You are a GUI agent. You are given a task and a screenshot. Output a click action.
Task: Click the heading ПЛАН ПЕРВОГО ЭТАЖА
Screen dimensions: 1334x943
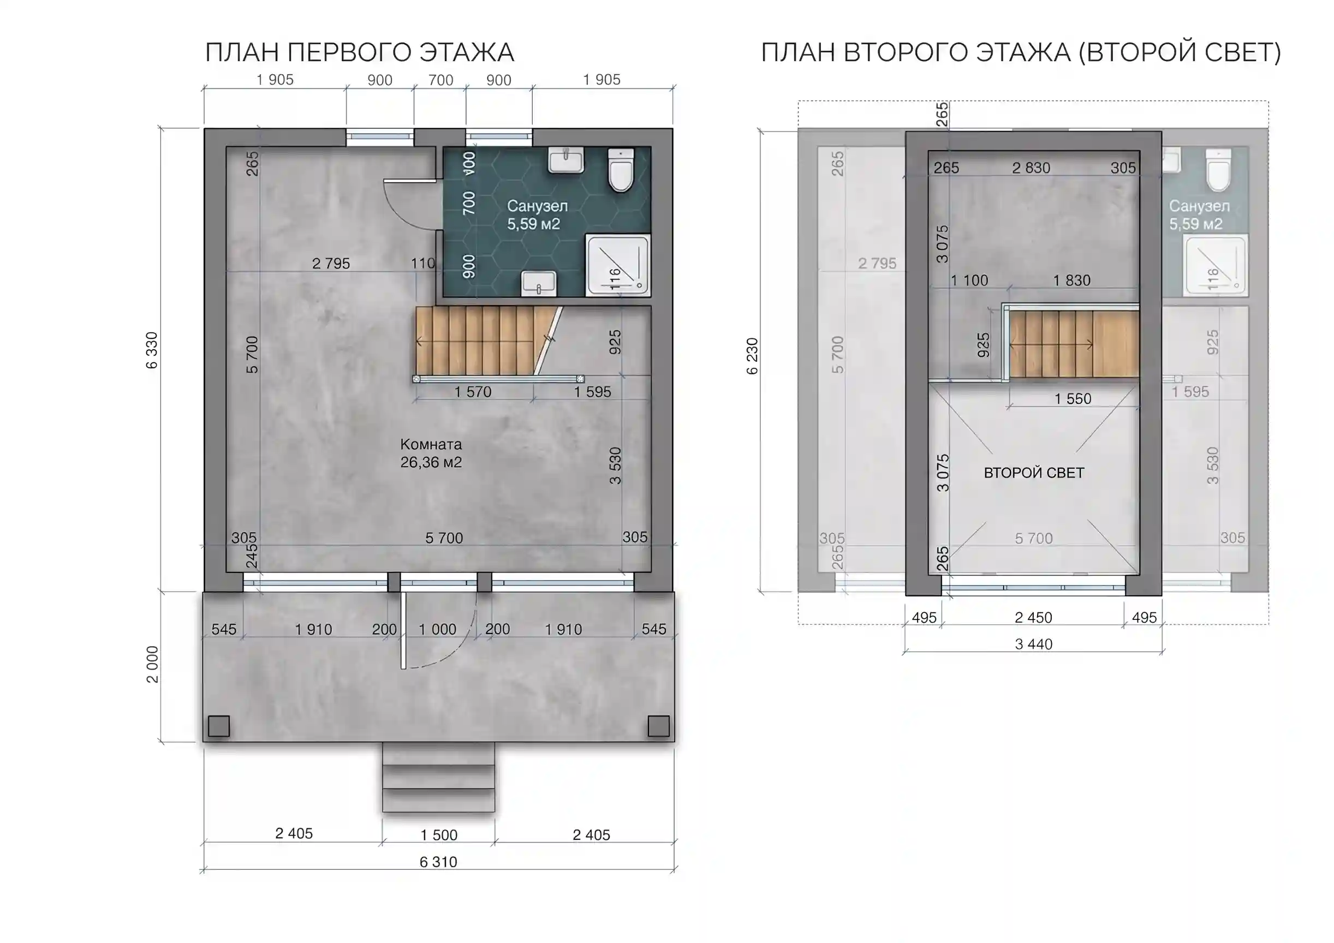tap(360, 52)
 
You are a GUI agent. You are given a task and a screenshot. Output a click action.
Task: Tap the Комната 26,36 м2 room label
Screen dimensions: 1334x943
tap(431, 453)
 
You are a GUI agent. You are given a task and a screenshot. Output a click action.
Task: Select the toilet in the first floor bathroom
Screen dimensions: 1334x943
tap(621, 170)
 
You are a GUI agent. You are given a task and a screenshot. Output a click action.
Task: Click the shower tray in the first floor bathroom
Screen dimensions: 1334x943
tap(618, 266)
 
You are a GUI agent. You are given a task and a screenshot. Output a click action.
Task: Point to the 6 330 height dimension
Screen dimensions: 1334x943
tap(152, 350)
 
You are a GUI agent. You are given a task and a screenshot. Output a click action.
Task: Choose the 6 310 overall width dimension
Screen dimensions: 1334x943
tap(438, 862)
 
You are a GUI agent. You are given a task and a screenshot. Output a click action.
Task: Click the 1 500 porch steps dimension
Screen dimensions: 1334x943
tap(439, 835)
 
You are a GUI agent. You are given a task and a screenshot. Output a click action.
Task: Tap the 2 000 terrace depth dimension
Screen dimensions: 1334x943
tap(152, 664)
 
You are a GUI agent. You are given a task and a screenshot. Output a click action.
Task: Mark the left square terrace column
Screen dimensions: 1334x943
tap(218, 726)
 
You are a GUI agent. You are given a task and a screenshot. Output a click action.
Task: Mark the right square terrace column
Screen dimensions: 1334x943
tap(658, 726)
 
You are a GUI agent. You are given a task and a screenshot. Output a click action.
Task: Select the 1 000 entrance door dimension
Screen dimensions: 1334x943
tap(438, 629)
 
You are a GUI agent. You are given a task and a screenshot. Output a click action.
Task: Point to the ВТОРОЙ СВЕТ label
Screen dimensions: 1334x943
tap(1034, 473)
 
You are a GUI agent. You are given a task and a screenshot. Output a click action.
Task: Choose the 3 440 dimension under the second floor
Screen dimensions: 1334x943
tap(1034, 644)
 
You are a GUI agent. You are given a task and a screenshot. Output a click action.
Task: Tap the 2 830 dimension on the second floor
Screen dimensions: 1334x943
tap(1031, 168)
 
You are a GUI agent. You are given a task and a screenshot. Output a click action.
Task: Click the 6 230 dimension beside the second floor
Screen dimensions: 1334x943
tap(752, 356)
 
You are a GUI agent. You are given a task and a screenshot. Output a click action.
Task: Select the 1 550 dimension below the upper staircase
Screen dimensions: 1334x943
tap(1073, 398)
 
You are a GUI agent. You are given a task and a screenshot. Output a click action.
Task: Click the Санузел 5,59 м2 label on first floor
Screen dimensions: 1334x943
tap(537, 215)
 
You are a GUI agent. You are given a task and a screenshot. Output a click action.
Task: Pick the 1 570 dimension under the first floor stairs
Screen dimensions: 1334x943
tap(473, 392)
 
